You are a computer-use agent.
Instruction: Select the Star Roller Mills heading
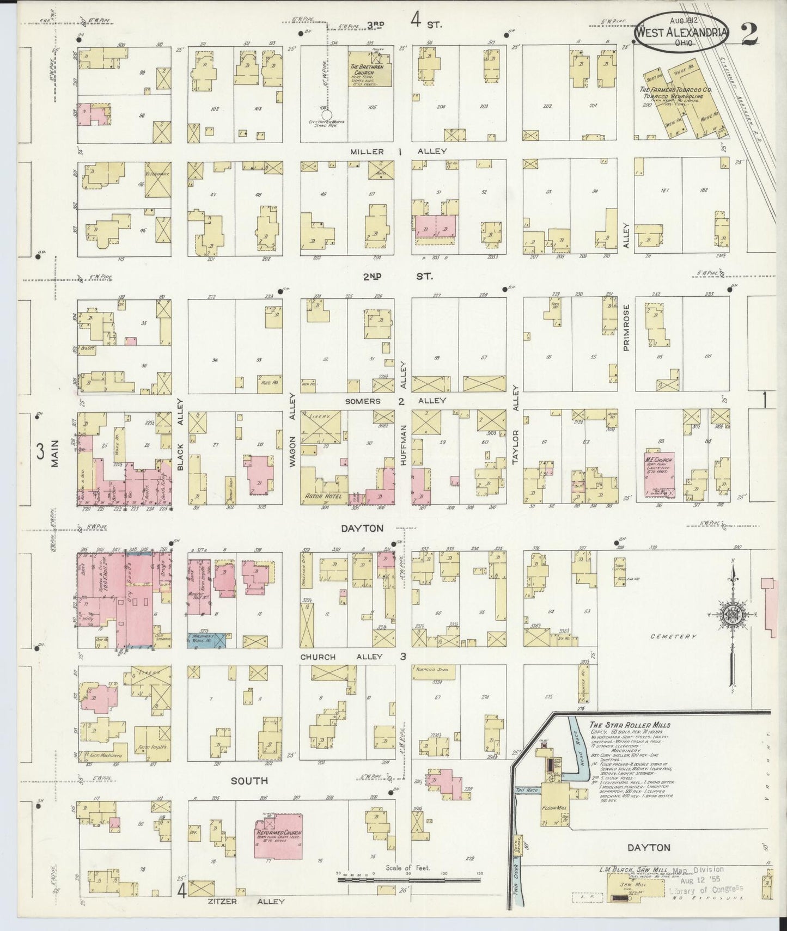pyautogui.click(x=630, y=725)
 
